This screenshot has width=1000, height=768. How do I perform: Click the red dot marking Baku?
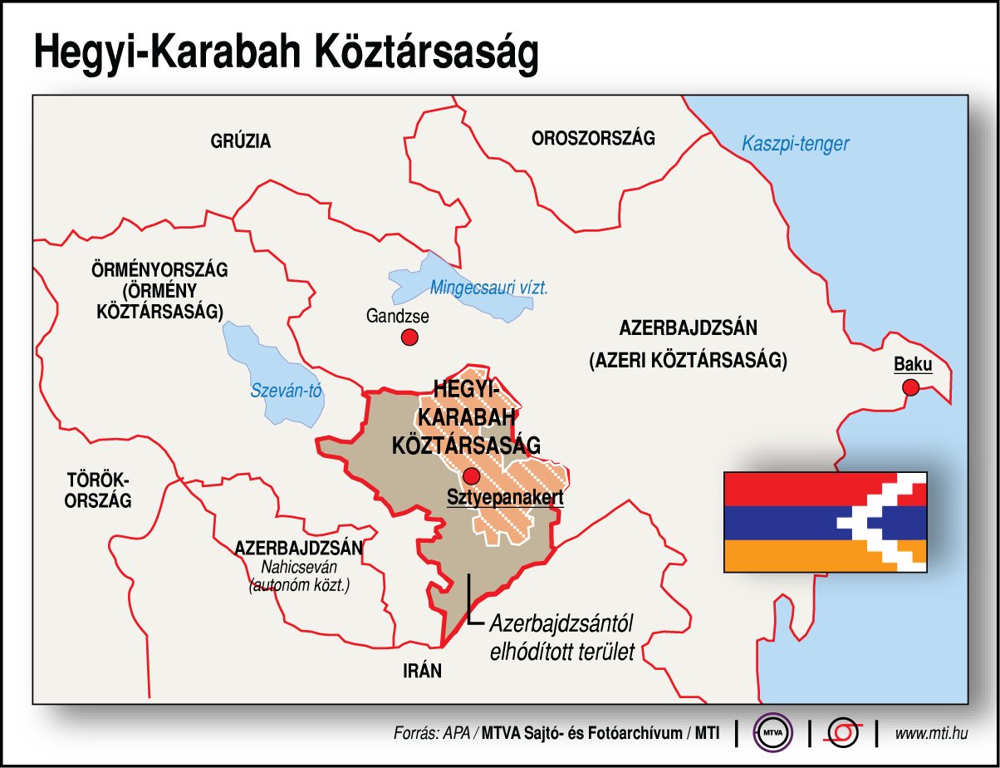point(910,386)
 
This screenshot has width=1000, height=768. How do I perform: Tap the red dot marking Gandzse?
point(409,337)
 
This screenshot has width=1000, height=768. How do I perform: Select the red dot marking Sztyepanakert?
point(472,476)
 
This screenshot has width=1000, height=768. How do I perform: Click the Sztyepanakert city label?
point(505,498)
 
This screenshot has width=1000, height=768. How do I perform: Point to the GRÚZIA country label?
point(241,141)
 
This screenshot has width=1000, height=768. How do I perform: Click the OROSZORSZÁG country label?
point(593,138)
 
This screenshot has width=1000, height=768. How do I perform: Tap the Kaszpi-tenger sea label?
point(795,144)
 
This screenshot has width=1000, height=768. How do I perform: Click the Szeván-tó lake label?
point(285,391)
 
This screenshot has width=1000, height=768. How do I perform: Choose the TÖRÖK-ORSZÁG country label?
point(99,490)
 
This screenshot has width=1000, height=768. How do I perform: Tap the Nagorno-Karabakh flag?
point(825,519)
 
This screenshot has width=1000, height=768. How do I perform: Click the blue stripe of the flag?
point(781,522)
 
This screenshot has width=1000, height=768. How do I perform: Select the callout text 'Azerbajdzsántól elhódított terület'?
point(561,637)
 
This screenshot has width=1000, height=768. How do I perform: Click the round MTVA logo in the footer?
point(772,732)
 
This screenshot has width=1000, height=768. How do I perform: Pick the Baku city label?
point(912,364)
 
